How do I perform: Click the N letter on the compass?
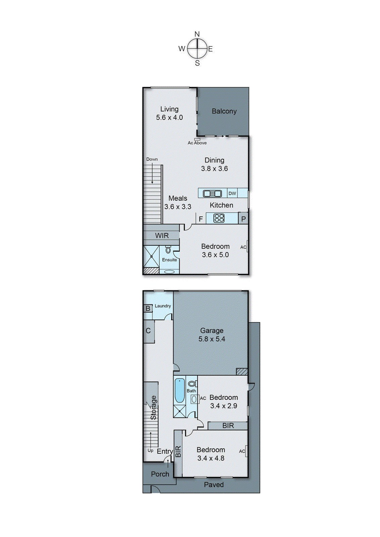click(197, 34)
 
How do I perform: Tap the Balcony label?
click(224, 111)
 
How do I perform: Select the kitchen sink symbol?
click(212, 193)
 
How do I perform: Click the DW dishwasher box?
click(232, 193)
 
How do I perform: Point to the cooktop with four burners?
click(219, 218)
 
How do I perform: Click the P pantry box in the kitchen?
click(243, 219)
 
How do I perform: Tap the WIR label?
click(162, 236)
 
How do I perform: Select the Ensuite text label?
click(170, 260)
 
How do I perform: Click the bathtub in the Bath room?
click(180, 390)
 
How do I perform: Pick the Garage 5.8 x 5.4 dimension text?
click(212, 339)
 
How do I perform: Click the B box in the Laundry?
click(148, 308)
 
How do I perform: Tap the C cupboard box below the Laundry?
click(148, 331)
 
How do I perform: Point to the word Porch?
click(160, 474)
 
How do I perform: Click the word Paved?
click(214, 485)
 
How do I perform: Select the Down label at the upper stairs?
click(152, 159)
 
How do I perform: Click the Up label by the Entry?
click(150, 450)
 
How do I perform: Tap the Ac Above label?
click(197, 143)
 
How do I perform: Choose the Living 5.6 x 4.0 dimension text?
click(170, 117)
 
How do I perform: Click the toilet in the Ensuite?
click(168, 250)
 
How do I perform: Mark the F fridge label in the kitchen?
click(201, 219)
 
